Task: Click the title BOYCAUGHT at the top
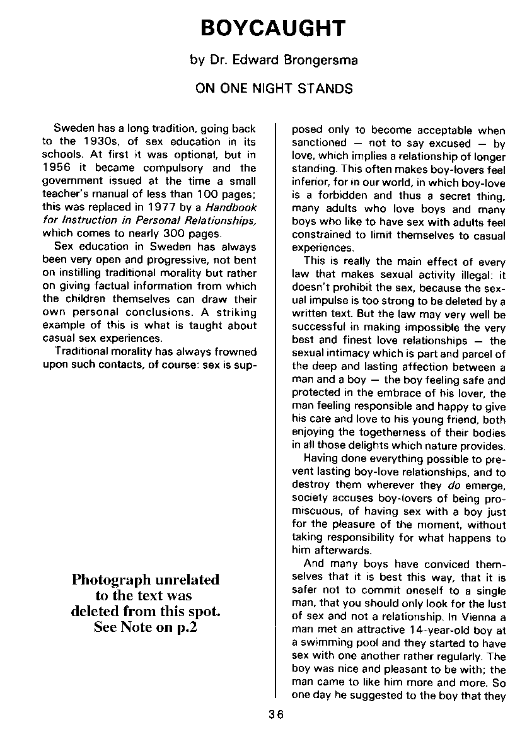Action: tap(273, 28)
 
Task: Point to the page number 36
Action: tap(275, 714)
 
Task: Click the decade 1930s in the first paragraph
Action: tap(98, 142)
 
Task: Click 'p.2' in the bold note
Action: tap(183, 627)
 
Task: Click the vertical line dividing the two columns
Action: tap(276, 410)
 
